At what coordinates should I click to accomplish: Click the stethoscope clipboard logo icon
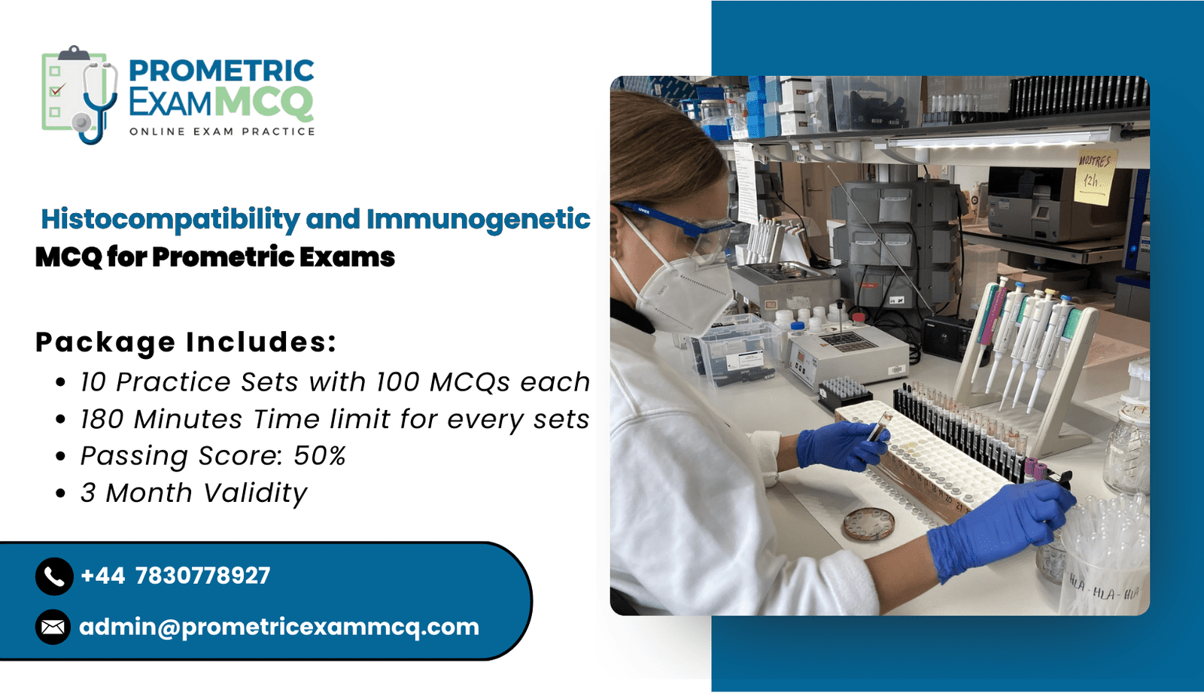80,95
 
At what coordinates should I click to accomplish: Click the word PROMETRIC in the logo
221,71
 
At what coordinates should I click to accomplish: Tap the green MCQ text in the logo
264,102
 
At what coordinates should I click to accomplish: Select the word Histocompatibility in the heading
170,220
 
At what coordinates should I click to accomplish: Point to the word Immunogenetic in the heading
479,220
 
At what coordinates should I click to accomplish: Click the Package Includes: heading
186,342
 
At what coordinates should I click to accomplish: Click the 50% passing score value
319,455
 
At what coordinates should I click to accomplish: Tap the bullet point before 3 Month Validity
61,493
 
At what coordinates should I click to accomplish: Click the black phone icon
54,576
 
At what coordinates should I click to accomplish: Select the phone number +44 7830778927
175,576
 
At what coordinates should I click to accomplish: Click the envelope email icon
53,627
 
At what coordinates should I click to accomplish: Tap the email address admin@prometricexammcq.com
279,627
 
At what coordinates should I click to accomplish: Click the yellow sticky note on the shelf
1094,176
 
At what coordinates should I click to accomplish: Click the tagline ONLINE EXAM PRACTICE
222,132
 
